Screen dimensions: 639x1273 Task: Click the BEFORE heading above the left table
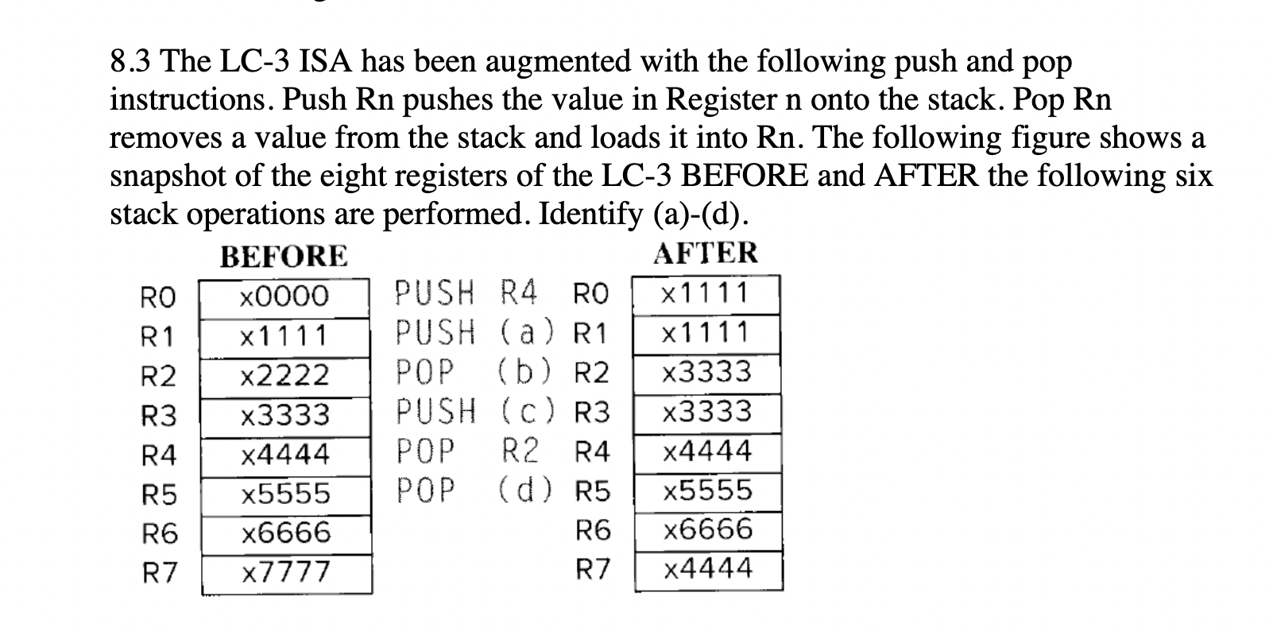(x=284, y=257)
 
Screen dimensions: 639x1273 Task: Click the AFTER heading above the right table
(x=706, y=254)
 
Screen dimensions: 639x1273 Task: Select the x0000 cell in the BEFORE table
(x=284, y=296)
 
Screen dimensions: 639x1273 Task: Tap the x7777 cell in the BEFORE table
(x=284, y=571)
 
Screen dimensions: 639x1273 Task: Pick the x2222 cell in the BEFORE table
(x=284, y=374)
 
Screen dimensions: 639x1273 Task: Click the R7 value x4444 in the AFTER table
(x=707, y=569)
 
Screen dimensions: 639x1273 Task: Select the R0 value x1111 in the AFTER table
(x=706, y=294)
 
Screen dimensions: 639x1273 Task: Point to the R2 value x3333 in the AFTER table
(x=707, y=372)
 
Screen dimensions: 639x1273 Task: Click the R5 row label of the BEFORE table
(x=159, y=495)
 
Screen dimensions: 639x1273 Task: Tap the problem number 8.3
(x=133, y=61)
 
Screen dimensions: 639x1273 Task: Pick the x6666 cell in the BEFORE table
(x=284, y=532)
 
